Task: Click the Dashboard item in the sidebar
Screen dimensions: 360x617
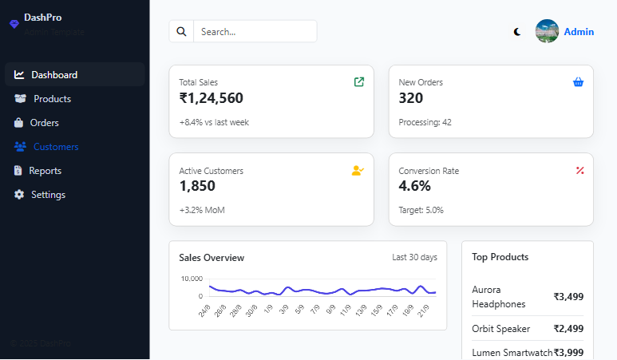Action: pos(54,75)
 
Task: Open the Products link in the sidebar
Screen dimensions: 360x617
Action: pos(52,99)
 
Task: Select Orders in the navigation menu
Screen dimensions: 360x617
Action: pos(44,123)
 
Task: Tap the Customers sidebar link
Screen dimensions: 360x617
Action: pos(55,147)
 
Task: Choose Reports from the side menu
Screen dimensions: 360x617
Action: pos(45,171)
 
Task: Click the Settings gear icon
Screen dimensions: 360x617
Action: pos(19,195)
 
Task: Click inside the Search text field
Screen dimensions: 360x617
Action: pos(254,32)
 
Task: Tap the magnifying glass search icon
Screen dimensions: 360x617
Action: pos(181,32)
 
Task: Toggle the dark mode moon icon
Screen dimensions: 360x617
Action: pos(517,32)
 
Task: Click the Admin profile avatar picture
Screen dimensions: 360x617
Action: pos(547,31)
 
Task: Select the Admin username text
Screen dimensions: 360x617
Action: pos(579,32)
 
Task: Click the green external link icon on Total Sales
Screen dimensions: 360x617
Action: pos(359,81)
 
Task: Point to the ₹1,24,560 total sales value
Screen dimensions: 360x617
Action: pos(212,98)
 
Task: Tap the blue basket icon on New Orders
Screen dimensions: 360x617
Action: pos(579,81)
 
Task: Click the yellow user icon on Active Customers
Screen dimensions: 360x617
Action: pos(358,170)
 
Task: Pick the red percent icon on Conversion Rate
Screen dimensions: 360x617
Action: pos(580,170)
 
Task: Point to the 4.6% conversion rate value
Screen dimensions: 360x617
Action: pos(415,186)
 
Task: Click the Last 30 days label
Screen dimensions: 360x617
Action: pos(414,258)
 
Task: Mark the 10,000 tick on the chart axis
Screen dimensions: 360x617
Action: pos(192,279)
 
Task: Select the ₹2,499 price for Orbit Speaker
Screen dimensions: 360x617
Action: pos(568,329)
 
